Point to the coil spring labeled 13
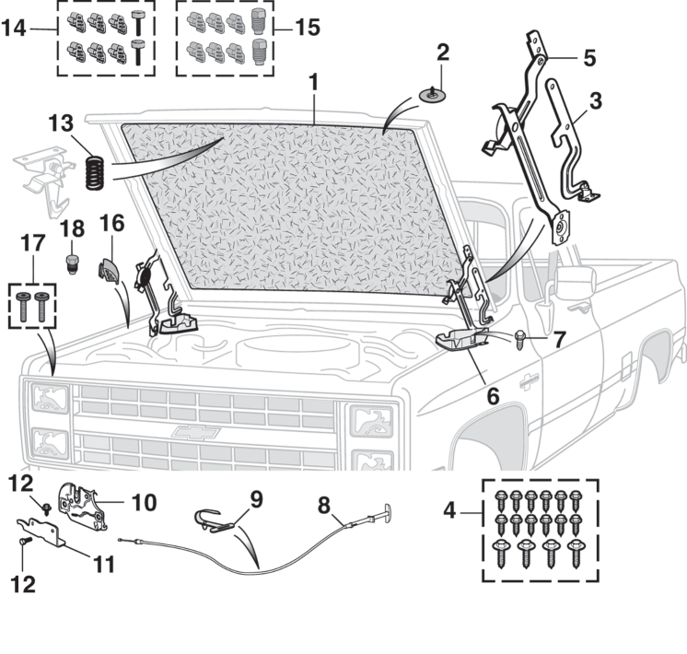click(x=93, y=171)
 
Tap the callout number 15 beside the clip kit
click(x=308, y=27)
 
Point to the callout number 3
click(x=594, y=100)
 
